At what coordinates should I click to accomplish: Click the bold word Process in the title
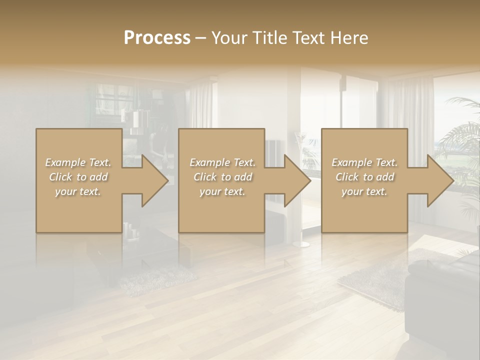[x=157, y=38]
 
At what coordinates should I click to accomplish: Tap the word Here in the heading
[x=350, y=38]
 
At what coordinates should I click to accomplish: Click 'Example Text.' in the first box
[x=78, y=162]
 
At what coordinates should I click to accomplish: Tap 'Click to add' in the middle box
[x=222, y=177]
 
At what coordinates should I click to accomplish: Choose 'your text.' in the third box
[x=364, y=191]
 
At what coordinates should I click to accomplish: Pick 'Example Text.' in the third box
[x=364, y=162]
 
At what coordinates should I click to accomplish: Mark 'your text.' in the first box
[x=78, y=191]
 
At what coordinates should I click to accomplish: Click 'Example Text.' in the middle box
[x=222, y=162]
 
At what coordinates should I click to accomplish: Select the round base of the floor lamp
[x=301, y=244]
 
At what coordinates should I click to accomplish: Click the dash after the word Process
[x=201, y=38]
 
